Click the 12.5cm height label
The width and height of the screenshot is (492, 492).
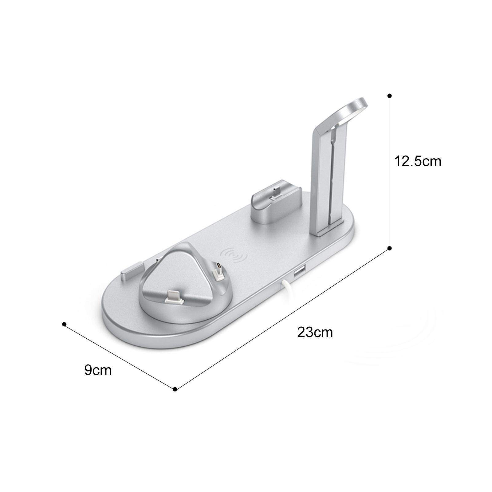click(418, 162)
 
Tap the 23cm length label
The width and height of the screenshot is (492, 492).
click(315, 333)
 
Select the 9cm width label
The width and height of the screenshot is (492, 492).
click(98, 370)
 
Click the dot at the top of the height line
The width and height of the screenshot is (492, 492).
click(390, 96)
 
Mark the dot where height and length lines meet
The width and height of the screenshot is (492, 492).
click(389, 248)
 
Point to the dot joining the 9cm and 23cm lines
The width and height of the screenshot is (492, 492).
click(175, 389)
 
